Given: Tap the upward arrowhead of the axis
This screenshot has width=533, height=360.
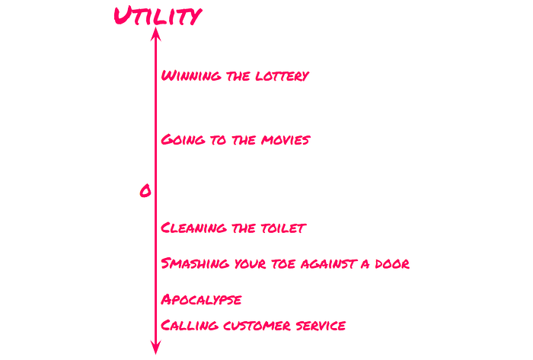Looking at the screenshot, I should (156, 33).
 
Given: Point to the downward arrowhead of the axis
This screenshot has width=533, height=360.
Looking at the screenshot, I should (156, 349).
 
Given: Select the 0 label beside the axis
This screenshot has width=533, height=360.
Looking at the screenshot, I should (145, 191).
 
